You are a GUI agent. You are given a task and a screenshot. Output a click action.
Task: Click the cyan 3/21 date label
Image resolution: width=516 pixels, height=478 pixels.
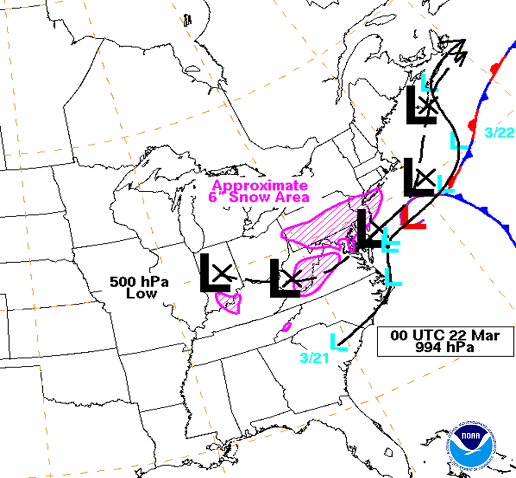314,358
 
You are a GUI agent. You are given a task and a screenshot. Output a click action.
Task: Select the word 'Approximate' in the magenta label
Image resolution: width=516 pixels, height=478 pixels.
260,186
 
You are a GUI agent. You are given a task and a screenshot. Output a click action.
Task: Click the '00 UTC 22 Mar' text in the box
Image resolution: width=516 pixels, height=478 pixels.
445,335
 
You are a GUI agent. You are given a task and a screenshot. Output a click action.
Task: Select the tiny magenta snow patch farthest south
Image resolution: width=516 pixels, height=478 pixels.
286,327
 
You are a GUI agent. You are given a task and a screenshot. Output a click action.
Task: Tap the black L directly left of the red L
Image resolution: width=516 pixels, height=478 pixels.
370,229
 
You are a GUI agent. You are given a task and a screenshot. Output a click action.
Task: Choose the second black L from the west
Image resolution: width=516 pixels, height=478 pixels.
284,279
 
